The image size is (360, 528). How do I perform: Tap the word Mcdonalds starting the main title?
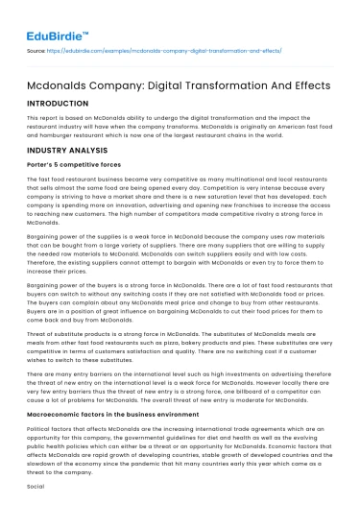[x=57, y=81]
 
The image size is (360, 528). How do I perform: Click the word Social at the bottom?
[x=36, y=486]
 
